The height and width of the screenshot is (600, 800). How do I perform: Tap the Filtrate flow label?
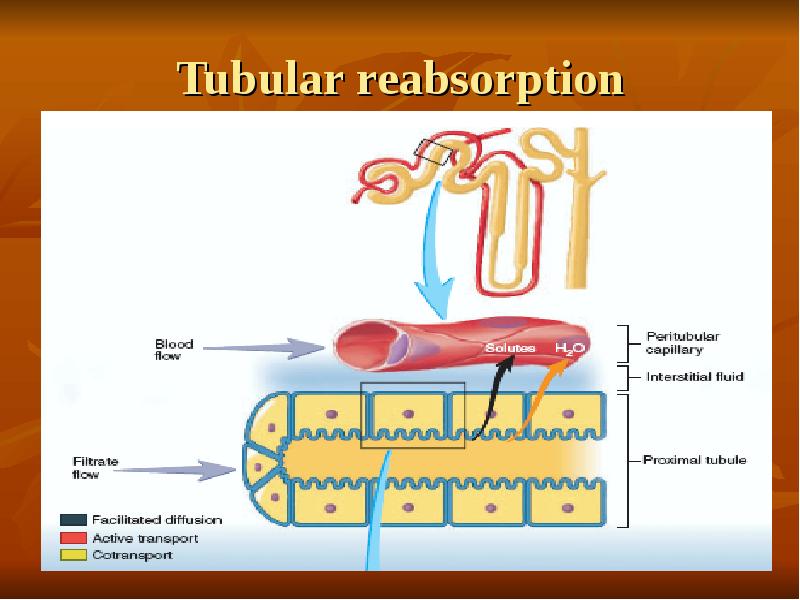(96, 468)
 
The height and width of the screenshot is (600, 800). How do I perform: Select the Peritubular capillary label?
(683, 343)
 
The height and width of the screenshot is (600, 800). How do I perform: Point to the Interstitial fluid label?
(695, 377)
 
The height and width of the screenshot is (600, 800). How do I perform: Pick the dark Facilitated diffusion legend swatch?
(73, 520)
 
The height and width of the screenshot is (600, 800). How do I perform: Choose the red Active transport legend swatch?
(73, 538)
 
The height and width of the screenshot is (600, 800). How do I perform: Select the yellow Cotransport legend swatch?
(73, 555)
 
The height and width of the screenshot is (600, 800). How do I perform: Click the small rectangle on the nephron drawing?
(434, 153)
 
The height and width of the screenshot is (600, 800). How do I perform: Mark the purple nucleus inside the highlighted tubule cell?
(407, 413)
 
